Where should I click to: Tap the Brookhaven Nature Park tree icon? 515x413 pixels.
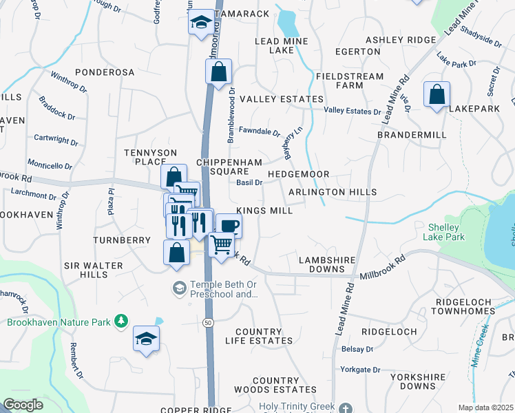point(121,321)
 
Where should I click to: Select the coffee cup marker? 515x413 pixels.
point(229,225)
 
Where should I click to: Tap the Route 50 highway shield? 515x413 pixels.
point(208,322)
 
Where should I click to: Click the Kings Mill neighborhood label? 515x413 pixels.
point(264,211)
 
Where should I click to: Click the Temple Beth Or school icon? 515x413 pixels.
point(180,286)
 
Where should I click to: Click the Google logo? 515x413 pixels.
point(23,405)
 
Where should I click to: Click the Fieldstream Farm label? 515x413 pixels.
point(339,80)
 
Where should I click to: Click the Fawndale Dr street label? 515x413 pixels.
point(259,131)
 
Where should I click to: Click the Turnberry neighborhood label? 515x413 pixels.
point(122,240)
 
